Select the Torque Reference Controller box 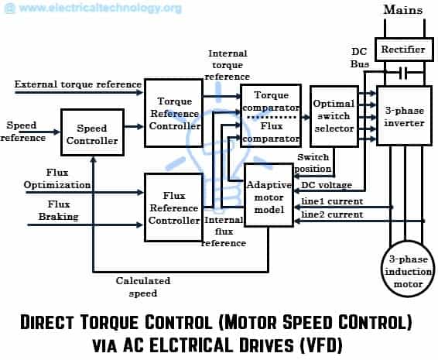click(174, 114)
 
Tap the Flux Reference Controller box click(174, 207)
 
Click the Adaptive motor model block click(269, 196)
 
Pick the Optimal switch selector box click(334, 115)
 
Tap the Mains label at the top click(402, 12)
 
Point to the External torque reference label click(77, 84)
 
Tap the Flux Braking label click(47, 211)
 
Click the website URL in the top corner click(92, 9)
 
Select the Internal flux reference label click(224, 231)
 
